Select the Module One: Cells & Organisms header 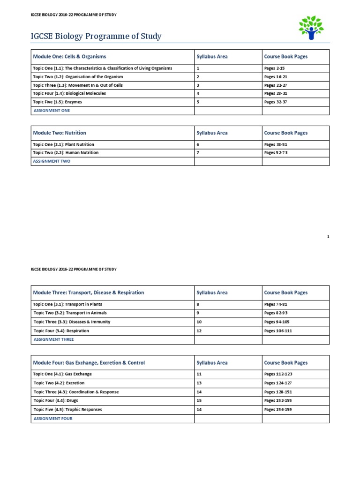[x=69, y=57]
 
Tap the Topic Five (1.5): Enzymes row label [x=57, y=102]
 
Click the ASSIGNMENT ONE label [x=51, y=111]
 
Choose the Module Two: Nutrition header [x=60, y=133]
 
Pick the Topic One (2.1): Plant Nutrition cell [x=64, y=145]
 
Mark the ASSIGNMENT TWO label [x=52, y=161]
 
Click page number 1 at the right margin [x=328, y=237]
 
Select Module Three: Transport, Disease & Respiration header [x=89, y=292]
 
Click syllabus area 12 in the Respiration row [x=199, y=331]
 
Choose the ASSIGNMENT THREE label [x=53, y=339]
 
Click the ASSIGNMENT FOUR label [x=52, y=419]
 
